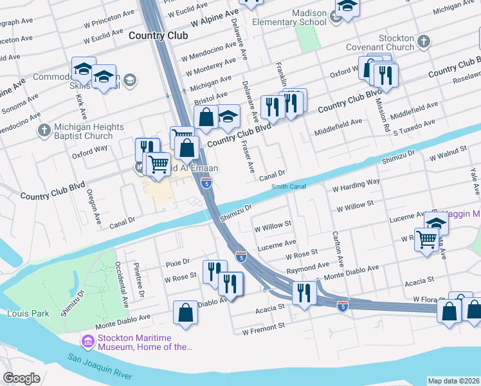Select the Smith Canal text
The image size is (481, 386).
[287, 187]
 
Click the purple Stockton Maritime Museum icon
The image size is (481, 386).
[88, 339]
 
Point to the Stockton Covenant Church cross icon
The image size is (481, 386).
[423, 42]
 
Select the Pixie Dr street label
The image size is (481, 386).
[177, 262]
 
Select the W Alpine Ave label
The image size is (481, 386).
[212, 14]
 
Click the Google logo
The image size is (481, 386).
[22, 378]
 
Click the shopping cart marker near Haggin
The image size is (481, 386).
[428, 241]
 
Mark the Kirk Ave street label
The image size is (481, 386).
[80, 101]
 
